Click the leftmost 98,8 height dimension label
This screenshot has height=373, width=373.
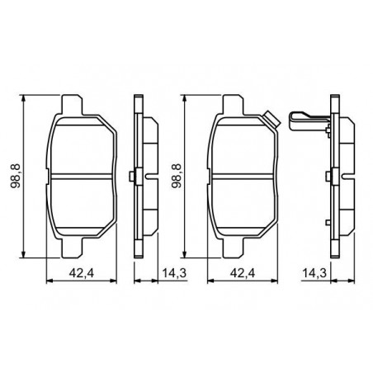tap(16, 176)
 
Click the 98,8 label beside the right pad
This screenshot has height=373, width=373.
tap(177, 176)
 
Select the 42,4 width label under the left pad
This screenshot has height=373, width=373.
tap(82, 273)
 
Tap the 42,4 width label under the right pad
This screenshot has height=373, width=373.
tap(243, 273)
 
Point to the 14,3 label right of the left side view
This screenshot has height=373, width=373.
tap(174, 273)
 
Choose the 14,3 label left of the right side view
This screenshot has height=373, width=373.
tap(314, 273)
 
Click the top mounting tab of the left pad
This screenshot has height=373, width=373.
tap(72, 105)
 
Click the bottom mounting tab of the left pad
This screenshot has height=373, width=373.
tap(72, 248)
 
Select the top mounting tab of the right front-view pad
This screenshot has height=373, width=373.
tap(234, 105)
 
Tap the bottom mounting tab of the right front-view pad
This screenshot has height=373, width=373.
tap(234, 248)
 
